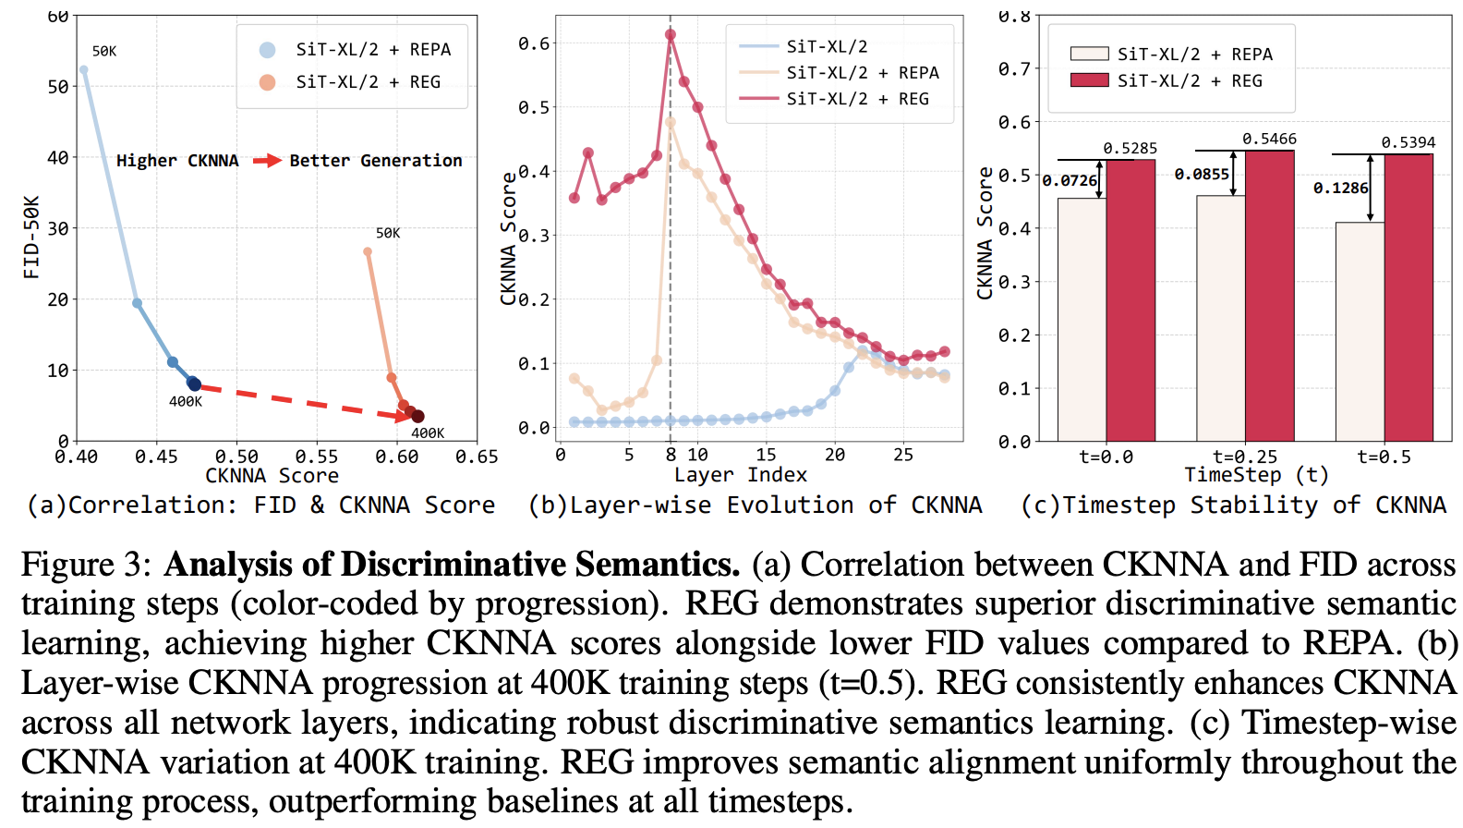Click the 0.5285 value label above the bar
tap(1130, 148)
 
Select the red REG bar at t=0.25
tap(1269, 296)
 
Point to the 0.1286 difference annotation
tap(1340, 188)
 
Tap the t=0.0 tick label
tap(1106, 457)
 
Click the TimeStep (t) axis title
tap(1256, 475)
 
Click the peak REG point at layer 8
tap(671, 35)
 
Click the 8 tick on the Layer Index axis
tap(671, 455)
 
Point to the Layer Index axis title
tap(740, 475)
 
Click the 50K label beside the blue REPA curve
tap(104, 51)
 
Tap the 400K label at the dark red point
tap(428, 432)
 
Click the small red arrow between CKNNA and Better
tap(267, 161)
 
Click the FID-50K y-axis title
tap(31, 237)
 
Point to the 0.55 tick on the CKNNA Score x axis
tap(317, 457)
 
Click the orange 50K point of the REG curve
tap(368, 251)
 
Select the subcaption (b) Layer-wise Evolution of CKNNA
tap(755, 505)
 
